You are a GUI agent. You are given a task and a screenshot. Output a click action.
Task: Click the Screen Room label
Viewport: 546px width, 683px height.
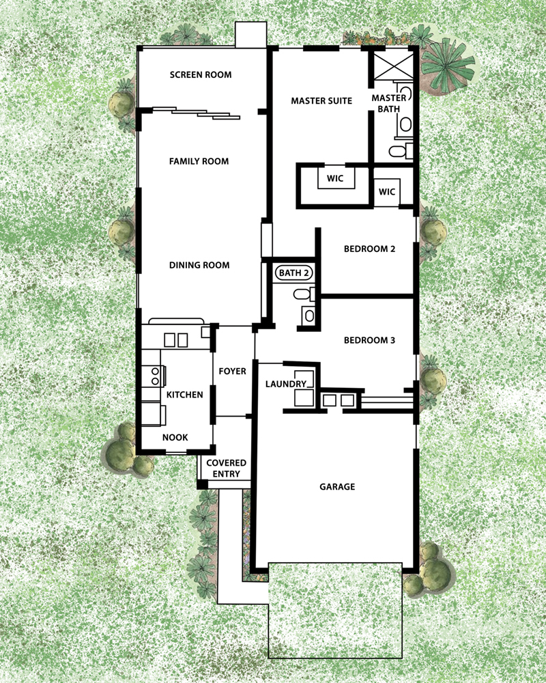[201, 75]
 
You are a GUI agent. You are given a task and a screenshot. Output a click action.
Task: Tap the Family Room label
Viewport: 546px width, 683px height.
[199, 162]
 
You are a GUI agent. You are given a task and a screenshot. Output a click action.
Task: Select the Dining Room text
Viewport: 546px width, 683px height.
[199, 265]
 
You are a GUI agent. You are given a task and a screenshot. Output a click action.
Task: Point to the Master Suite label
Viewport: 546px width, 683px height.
[321, 101]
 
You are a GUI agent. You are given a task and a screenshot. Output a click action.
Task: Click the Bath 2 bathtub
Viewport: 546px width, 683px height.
[294, 273]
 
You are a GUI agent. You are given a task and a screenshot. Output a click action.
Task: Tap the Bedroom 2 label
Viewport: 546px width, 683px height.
[370, 249]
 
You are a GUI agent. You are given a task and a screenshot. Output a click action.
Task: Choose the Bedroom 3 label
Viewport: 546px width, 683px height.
[370, 340]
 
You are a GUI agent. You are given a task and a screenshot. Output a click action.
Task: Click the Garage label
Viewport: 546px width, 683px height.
[337, 486]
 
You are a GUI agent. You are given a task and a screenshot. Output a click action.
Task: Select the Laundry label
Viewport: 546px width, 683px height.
[286, 384]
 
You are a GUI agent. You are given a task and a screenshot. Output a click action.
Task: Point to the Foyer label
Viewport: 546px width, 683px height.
[233, 371]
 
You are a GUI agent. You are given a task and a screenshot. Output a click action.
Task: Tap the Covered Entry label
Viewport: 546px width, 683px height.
[227, 469]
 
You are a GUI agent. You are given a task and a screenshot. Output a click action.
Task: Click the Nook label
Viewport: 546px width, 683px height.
[175, 437]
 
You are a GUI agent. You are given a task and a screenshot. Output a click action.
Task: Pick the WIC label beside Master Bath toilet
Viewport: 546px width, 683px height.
[387, 192]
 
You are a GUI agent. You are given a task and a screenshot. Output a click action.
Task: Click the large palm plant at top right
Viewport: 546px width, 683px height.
[447, 66]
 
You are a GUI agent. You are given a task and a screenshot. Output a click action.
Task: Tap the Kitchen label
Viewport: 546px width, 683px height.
[184, 395]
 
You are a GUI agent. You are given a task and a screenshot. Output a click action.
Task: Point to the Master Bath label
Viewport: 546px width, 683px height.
[389, 104]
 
